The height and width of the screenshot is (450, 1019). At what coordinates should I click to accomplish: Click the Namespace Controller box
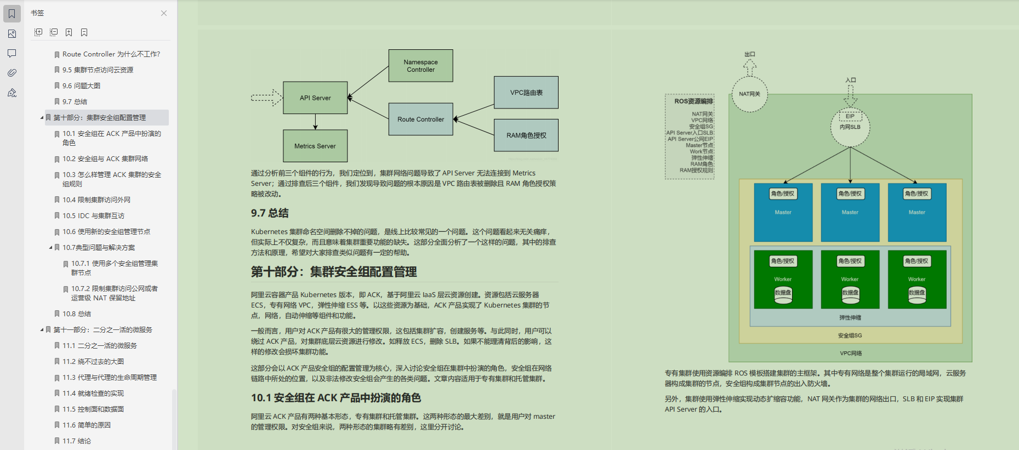coord(420,66)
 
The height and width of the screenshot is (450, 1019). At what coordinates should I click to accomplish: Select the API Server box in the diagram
coord(315,98)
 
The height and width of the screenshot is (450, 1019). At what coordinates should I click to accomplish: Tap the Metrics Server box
coord(315,146)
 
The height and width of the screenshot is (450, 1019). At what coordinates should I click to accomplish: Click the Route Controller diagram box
coord(420,119)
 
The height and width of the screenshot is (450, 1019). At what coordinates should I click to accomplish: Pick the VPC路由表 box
coord(526,93)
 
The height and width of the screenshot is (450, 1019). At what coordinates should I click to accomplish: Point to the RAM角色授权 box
coord(526,135)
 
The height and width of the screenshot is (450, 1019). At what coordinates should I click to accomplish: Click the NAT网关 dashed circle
coord(749,94)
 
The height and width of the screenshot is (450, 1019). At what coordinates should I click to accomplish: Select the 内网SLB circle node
coord(850,127)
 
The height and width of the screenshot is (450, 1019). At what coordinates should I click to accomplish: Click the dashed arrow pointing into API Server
coord(266,98)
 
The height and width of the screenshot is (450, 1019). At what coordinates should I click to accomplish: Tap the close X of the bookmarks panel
coord(164,13)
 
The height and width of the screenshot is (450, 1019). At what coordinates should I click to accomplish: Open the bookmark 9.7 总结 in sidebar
coord(75,101)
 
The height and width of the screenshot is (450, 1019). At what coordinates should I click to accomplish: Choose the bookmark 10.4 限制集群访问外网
coord(96,200)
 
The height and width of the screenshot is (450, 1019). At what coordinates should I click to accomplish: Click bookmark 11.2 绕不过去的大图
coord(93,362)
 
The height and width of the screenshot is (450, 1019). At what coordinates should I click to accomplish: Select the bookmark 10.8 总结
coord(76,314)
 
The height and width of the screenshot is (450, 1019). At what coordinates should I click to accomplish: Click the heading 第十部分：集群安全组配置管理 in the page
coord(334,272)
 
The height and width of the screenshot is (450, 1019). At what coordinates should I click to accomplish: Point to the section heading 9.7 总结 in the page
coord(270,213)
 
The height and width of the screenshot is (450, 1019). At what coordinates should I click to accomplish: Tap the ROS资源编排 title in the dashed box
coord(693,101)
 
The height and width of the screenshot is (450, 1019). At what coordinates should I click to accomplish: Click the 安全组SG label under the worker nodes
coord(850,335)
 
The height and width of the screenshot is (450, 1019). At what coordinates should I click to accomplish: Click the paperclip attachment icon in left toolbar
coord(12,73)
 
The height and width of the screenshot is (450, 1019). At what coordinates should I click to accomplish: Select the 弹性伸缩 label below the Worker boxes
coord(850,318)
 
